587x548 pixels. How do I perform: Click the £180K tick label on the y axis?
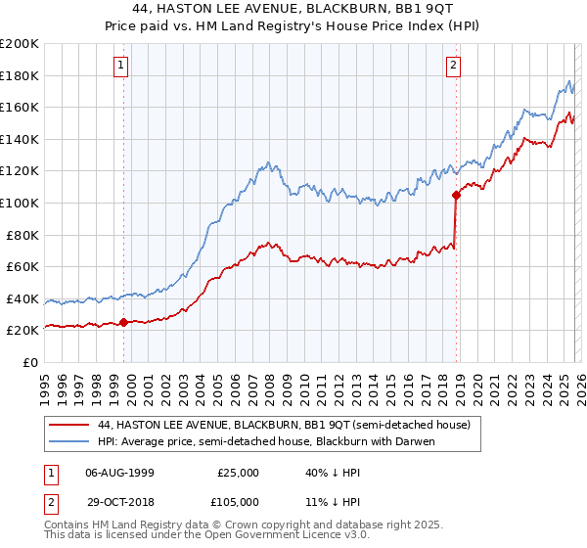20,75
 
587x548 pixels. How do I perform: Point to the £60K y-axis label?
23,266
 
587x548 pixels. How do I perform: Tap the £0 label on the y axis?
29,362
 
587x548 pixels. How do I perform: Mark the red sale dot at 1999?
124,322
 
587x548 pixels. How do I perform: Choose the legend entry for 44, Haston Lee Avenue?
284,425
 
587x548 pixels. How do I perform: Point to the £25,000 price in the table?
237,472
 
